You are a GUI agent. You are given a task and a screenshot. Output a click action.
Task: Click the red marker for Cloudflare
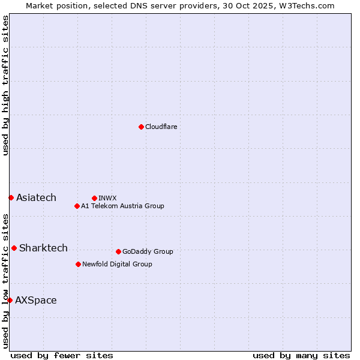click(x=141, y=127)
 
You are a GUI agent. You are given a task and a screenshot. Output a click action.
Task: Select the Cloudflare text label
click(x=161, y=127)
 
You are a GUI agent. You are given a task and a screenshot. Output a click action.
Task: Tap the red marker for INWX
click(x=94, y=198)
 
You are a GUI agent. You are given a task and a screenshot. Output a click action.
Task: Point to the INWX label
click(x=107, y=199)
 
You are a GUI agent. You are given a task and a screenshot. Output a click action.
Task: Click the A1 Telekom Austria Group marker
click(x=77, y=206)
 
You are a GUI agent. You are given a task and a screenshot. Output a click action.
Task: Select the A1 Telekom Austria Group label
click(x=122, y=206)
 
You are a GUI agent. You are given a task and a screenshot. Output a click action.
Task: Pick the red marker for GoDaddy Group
click(x=118, y=251)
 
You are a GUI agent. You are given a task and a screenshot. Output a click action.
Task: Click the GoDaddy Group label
click(x=148, y=252)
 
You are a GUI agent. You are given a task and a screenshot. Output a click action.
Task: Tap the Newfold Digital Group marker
click(x=78, y=264)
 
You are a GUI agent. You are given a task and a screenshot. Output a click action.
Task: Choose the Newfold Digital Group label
click(x=117, y=265)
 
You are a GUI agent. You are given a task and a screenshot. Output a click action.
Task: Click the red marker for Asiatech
click(x=11, y=197)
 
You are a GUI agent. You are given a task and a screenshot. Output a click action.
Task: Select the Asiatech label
click(x=36, y=198)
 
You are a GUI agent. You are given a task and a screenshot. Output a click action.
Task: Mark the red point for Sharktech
click(x=14, y=248)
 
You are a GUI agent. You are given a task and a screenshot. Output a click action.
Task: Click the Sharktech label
click(x=43, y=248)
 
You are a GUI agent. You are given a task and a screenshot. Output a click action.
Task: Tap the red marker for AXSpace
click(x=10, y=300)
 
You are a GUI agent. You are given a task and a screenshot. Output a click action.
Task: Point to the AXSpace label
click(x=36, y=301)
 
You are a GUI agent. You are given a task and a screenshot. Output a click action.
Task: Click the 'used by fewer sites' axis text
click(x=62, y=355)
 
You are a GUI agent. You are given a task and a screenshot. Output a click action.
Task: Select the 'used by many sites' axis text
click(x=301, y=355)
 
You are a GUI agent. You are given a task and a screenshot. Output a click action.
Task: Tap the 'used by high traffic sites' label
click(x=6, y=85)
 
